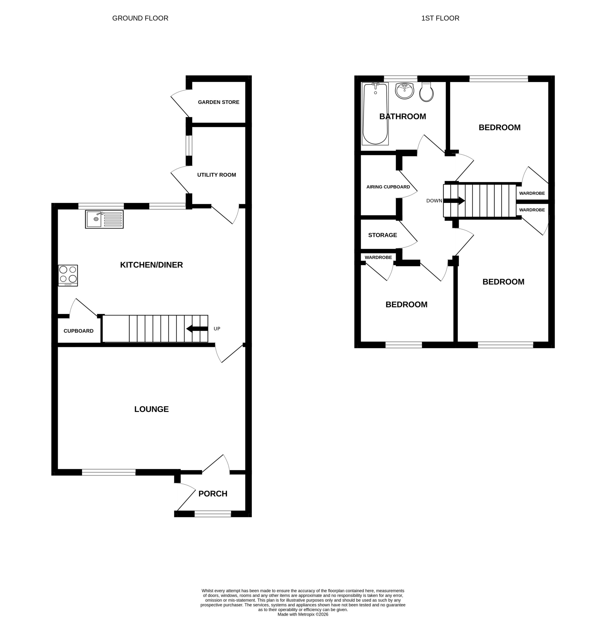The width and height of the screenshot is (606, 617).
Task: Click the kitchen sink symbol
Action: click(104, 219)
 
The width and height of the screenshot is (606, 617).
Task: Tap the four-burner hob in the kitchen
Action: click(68, 275)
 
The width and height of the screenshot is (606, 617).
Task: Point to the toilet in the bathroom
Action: click(427, 92)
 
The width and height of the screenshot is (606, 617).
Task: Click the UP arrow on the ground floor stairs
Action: click(197, 329)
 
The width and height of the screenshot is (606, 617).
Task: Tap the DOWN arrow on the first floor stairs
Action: click(454, 201)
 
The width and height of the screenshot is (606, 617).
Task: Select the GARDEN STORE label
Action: click(219, 102)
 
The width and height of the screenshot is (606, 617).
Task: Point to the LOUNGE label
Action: click(151, 409)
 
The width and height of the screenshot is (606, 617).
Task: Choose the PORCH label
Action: click(213, 494)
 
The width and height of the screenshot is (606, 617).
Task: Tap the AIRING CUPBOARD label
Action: click(388, 187)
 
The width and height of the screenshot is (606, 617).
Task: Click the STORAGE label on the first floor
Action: click(382, 235)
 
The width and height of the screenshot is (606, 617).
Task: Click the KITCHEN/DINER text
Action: click(151, 265)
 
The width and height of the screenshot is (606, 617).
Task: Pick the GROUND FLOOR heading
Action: click(140, 18)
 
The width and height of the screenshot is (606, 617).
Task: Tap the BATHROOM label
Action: click(403, 116)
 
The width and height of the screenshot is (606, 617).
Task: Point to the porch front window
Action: click(213, 514)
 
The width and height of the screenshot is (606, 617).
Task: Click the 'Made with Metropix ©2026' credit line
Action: click(303, 614)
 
